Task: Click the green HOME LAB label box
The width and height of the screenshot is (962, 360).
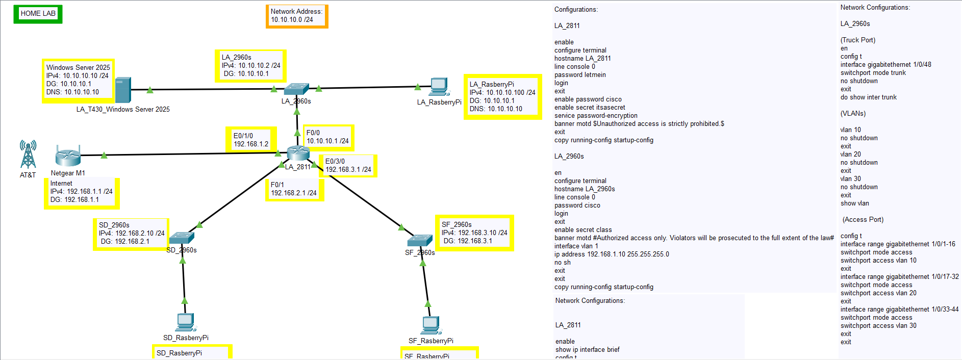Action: tap(38, 14)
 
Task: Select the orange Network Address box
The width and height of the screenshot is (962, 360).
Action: tap(296, 16)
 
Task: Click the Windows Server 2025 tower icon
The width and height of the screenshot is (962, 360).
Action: tap(123, 90)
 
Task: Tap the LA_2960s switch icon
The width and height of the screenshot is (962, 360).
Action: tap(296, 89)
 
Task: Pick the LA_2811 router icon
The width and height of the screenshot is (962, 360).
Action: tap(298, 153)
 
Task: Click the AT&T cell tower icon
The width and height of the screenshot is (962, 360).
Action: tap(28, 155)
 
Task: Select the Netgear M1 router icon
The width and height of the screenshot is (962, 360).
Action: tap(68, 156)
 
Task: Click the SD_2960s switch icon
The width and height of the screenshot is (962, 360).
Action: tap(182, 238)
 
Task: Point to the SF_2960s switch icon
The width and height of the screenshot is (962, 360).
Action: tap(420, 240)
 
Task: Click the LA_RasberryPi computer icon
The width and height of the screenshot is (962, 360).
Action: tap(439, 87)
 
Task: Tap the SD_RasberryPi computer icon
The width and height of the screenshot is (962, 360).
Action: tap(186, 323)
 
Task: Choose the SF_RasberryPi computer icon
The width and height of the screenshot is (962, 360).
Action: tap(431, 325)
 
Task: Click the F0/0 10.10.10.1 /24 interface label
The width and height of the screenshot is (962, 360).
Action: tap(328, 137)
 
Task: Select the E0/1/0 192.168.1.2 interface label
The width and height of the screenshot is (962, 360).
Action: tap(251, 140)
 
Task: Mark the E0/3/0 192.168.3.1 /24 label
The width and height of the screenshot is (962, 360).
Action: tap(348, 166)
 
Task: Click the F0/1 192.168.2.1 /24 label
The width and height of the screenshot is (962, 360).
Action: tap(294, 189)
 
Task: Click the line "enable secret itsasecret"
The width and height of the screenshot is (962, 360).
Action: tap(590, 108)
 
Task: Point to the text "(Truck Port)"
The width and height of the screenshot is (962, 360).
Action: tap(858, 40)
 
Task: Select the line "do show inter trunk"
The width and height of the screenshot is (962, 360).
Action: tap(869, 97)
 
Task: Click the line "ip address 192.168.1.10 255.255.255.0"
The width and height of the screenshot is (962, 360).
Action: tap(612, 254)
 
